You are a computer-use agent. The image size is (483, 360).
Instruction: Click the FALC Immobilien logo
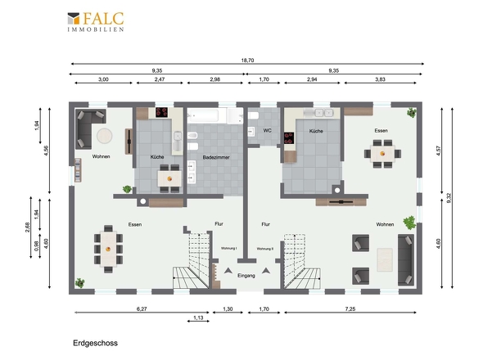96,22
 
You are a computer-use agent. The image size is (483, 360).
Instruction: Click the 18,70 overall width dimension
247,61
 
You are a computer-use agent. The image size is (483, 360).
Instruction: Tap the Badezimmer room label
216,157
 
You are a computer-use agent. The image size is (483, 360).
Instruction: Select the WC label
267,131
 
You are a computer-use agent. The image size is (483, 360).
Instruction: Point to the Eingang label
246,276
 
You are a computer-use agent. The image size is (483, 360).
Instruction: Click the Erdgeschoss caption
95,343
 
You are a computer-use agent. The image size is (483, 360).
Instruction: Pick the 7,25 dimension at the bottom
350,309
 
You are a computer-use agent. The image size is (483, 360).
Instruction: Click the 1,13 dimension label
198,317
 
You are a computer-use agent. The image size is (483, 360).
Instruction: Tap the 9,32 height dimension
449,198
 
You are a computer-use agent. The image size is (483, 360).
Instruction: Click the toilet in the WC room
253,115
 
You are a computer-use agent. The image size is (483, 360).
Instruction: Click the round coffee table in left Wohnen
105,136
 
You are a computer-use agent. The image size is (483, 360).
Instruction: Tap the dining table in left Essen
108,249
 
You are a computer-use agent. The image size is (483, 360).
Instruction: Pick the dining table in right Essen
382,153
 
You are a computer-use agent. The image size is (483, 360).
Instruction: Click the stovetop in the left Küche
161,112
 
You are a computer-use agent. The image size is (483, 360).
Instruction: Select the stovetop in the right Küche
289,138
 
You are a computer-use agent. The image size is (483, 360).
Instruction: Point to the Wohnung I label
229,248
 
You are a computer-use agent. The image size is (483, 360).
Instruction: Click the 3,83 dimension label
380,79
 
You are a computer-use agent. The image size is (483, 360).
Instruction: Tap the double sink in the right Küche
323,113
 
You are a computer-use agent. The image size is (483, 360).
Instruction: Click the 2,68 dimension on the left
27,227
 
